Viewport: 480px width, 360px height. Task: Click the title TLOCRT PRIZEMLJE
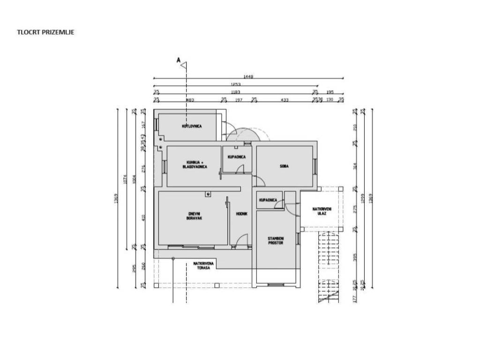coord(46,32)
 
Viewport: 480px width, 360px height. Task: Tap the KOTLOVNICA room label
coord(192,126)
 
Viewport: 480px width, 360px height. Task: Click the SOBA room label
coord(284,166)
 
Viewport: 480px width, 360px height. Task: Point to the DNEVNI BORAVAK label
coord(194,217)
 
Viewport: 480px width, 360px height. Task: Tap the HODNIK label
coord(241,214)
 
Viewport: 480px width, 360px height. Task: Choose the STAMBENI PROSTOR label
coord(276,240)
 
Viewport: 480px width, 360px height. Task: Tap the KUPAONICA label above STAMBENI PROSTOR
coord(268,200)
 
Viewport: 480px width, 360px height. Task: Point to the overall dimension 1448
coord(248,76)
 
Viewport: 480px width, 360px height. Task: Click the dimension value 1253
coord(236,84)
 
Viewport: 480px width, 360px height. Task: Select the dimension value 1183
coord(236,92)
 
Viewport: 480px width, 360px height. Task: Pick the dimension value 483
coord(190,100)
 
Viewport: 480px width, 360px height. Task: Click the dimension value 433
coord(284,100)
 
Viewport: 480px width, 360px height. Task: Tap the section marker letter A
coord(178,60)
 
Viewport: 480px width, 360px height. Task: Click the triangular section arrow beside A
coord(184,64)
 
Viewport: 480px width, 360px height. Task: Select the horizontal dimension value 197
coord(239,100)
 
